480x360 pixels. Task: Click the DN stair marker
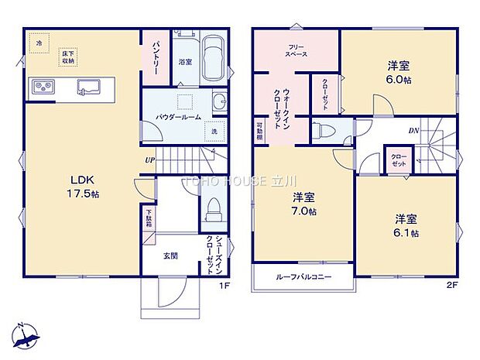[x=414, y=131]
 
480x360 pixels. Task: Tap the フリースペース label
[x=295, y=53]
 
